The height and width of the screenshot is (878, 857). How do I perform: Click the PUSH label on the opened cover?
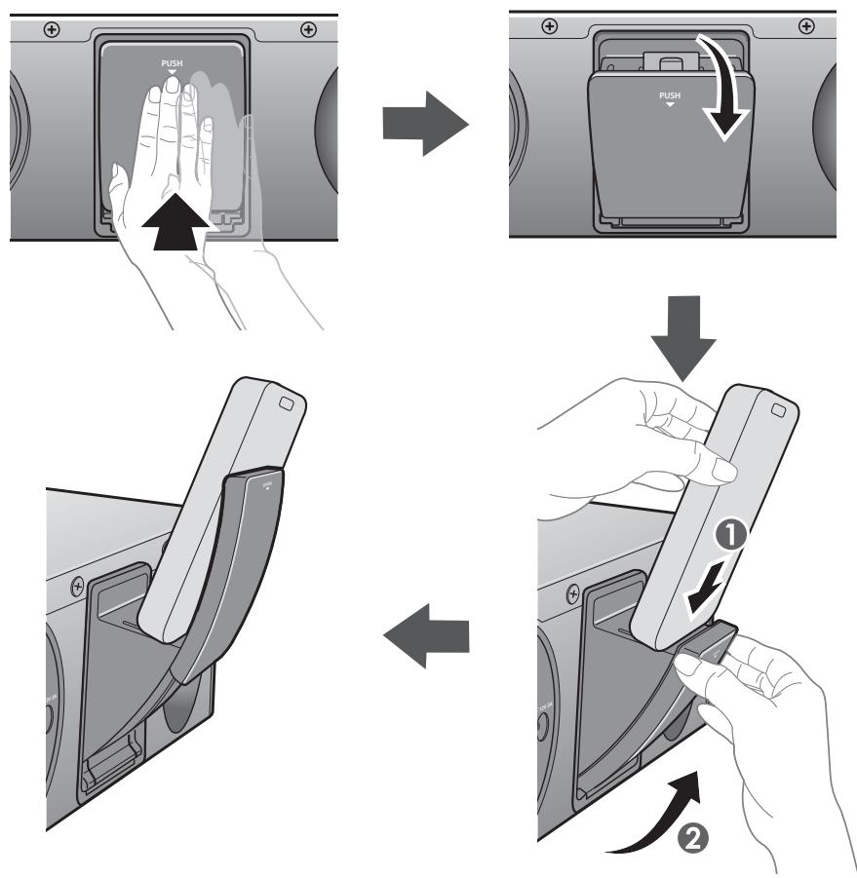pyautogui.click(x=668, y=97)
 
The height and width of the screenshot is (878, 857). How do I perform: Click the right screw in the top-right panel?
pyautogui.click(x=805, y=26)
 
